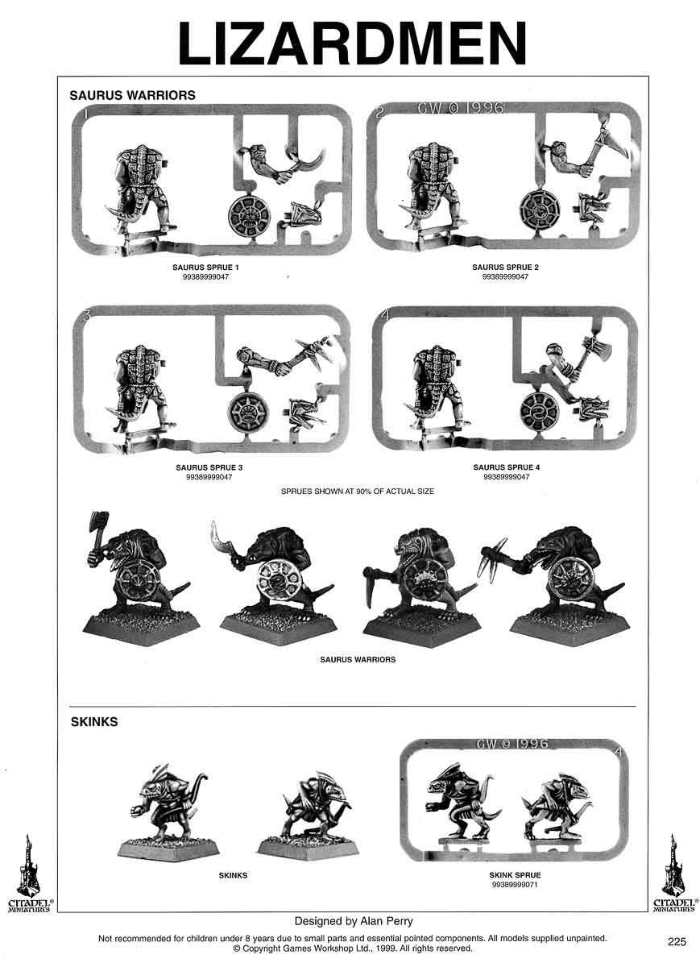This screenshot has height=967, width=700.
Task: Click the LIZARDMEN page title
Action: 352,42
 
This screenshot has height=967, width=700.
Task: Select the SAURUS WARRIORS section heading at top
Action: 132,95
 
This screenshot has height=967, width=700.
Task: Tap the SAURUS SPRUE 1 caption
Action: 205,268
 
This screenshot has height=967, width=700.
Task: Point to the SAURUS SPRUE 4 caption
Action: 506,467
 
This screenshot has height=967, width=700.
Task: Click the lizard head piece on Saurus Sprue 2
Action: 594,210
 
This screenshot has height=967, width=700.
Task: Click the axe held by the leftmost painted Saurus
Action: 99,530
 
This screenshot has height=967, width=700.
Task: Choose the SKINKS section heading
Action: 94,722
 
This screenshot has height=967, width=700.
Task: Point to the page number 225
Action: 677,941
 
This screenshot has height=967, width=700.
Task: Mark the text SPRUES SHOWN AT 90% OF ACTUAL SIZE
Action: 358,492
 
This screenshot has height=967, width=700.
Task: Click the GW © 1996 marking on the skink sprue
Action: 512,744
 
